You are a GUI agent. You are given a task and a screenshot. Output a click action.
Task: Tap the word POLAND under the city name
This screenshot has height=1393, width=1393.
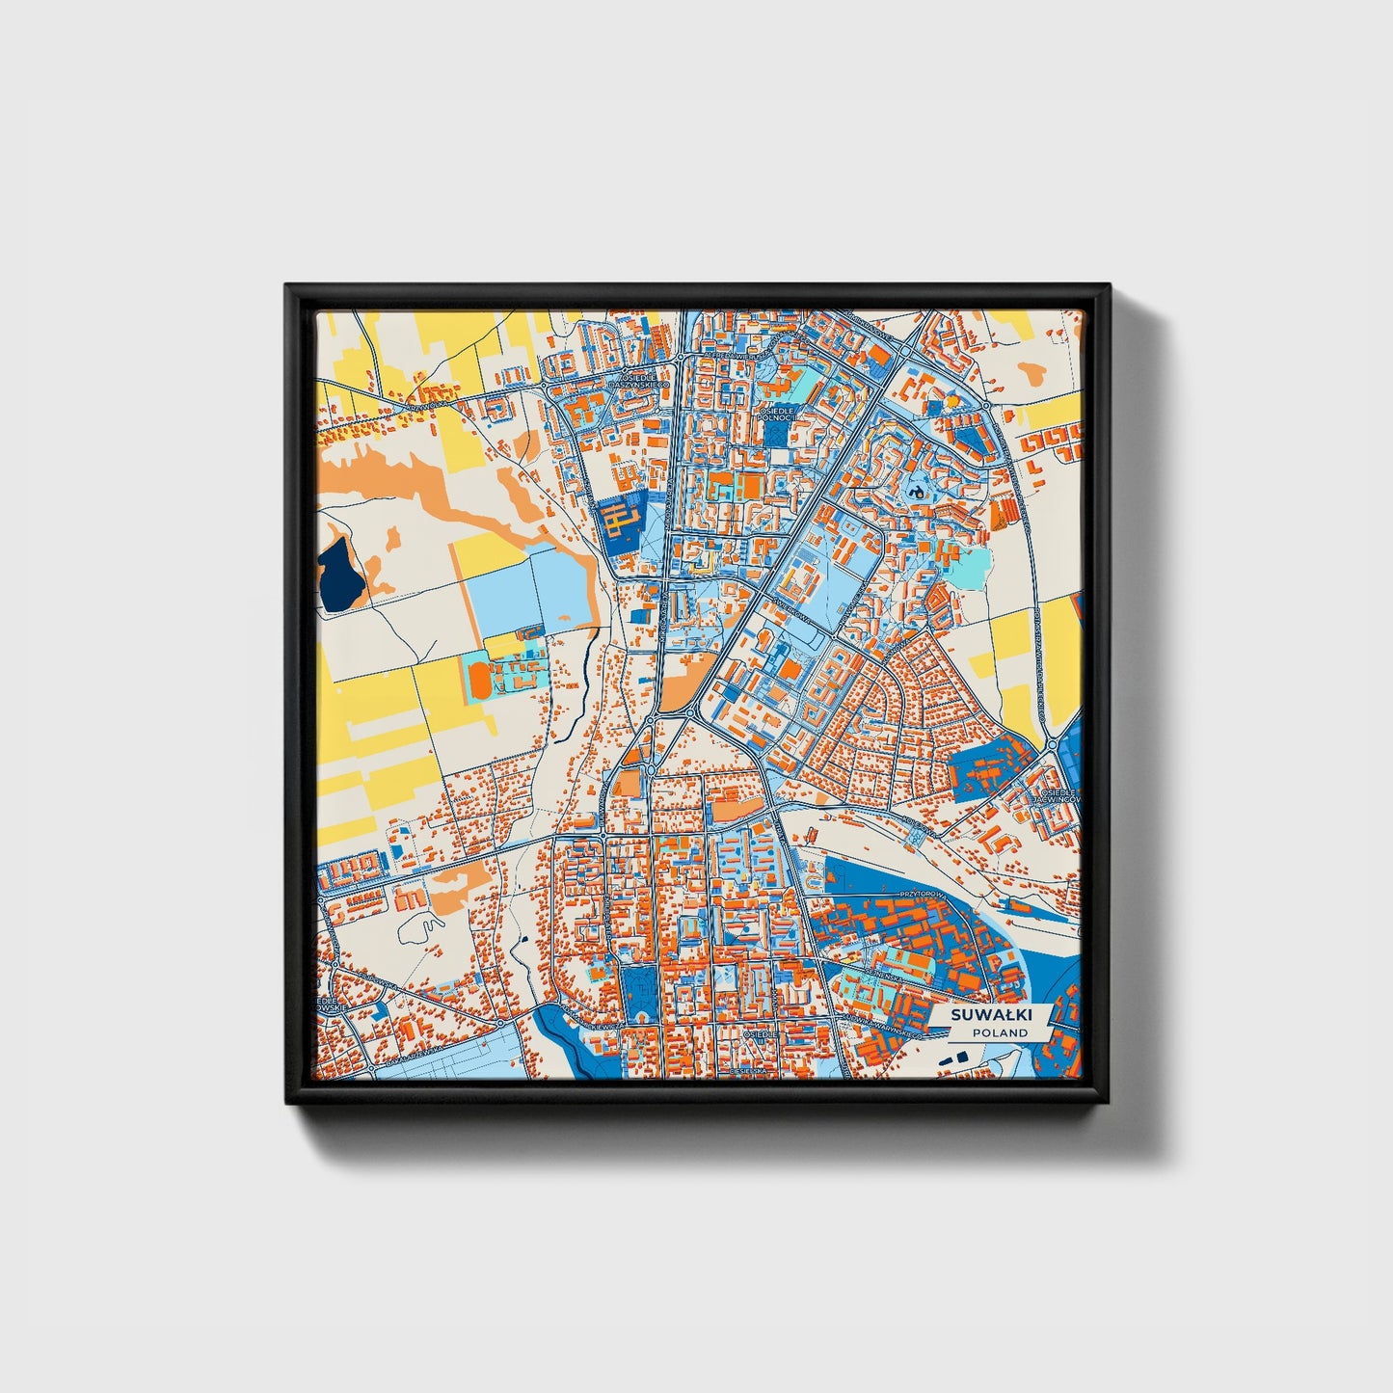click(x=1000, y=1032)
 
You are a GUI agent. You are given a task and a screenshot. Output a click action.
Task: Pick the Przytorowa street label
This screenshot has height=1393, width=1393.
click(x=918, y=895)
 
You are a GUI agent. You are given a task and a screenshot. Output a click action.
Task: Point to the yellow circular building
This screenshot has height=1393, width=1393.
click(x=951, y=400)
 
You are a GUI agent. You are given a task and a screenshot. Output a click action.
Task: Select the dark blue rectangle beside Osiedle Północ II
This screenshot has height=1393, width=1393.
click(x=777, y=435)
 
